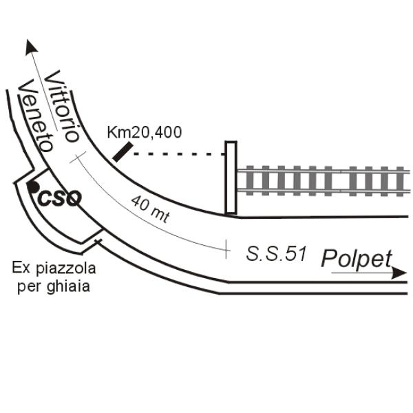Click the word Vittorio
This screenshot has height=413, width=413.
point(62,107)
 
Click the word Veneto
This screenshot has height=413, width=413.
point(36,116)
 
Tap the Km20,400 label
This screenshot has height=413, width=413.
point(145,132)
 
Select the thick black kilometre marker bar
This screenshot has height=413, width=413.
point(123,151)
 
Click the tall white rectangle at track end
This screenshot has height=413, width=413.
point(231,178)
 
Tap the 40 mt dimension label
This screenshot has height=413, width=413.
point(150,209)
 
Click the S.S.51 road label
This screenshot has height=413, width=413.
point(276,253)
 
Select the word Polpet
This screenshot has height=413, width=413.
point(357,258)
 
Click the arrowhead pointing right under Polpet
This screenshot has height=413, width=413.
point(399,273)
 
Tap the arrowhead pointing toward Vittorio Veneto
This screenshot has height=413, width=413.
point(31,47)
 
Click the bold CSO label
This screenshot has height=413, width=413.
point(59,198)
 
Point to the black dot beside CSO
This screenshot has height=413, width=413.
point(33,187)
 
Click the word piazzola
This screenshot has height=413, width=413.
point(66,269)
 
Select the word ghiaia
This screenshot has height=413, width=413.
point(68,286)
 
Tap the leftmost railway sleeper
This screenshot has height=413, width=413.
point(250,180)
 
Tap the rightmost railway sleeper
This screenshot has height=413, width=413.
point(400,182)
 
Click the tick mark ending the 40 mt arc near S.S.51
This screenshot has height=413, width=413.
point(226,249)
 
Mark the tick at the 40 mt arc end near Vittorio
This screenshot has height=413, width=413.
point(78,158)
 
